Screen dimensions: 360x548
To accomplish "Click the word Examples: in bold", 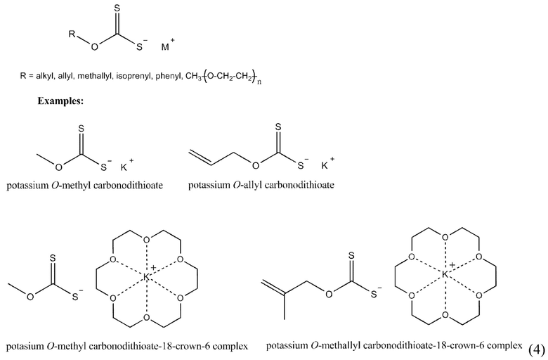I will (x=61, y=101).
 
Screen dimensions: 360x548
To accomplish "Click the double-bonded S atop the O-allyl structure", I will (x=279, y=127).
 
